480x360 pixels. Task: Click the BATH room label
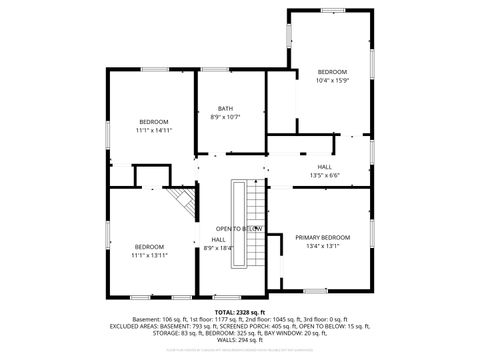tap(226, 109)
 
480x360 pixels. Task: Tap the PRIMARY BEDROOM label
tap(322, 237)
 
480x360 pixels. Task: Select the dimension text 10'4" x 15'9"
tap(332, 81)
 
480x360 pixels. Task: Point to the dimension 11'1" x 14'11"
tap(154, 130)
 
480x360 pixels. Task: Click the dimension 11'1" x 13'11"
tap(149, 255)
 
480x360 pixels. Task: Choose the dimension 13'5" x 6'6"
tap(325, 175)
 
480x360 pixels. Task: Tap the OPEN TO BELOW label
tap(239, 228)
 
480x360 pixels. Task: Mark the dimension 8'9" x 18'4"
tap(218, 248)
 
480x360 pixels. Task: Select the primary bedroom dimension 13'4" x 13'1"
tap(322, 246)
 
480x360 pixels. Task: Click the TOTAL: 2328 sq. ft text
tap(240, 313)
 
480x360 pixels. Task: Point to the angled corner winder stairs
tap(181, 204)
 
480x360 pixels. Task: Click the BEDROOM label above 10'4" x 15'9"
tap(332, 72)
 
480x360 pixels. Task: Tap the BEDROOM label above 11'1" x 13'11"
tap(149, 246)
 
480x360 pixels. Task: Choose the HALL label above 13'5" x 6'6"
tap(325, 166)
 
